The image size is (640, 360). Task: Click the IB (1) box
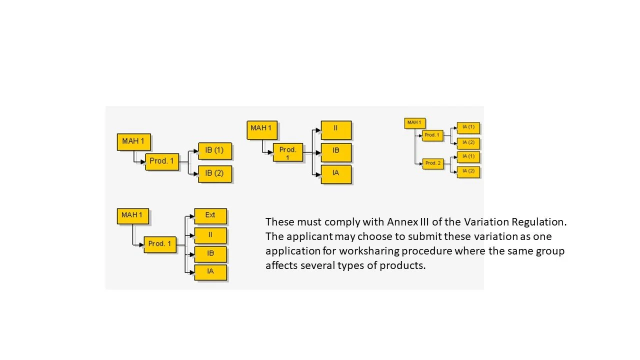[215, 150]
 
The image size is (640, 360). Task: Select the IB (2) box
[215, 173]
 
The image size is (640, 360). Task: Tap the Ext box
[210, 215]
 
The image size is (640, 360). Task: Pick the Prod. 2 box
[433, 163]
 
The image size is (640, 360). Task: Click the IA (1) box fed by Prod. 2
[468, 156]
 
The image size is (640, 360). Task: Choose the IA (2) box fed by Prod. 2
[468, 171]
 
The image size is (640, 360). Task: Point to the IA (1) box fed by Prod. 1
[468, 127]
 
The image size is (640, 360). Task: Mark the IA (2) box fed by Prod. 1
[468, 143]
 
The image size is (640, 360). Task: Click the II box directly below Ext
[210, 234]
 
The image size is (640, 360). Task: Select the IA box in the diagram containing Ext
[210, 271]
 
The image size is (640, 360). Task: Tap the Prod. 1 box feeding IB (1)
[162, 161]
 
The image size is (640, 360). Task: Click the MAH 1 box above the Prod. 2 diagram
[414, 122]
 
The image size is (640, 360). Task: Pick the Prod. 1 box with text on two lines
[288, 152]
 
